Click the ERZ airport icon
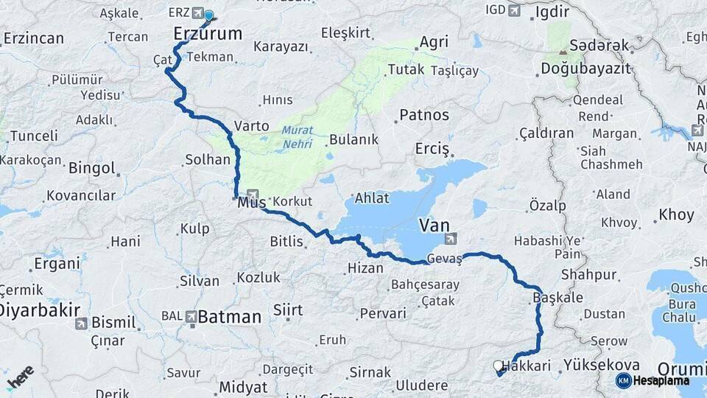pyautogui.click(x=197, y=13)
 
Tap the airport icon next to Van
pyautogui.click(x=451, y=238)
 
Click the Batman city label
pyautogui.click(x=230, y=317)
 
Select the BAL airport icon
pyautogui.click(x=192, y=317)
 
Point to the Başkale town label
pyautogui.click(x=556, y=298)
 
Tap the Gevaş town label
pyautogui.click(x=446, y=259)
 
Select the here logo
pyautogui.click(x=20, y=377)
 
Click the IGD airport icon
pyautogui.click(x=514, y=10)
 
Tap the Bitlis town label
pyautogui.click(x=286, y=241)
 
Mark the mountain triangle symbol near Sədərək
pyautogui.click(x=563, y=51)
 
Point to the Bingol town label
pyautogui.click(x=91, y=168)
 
